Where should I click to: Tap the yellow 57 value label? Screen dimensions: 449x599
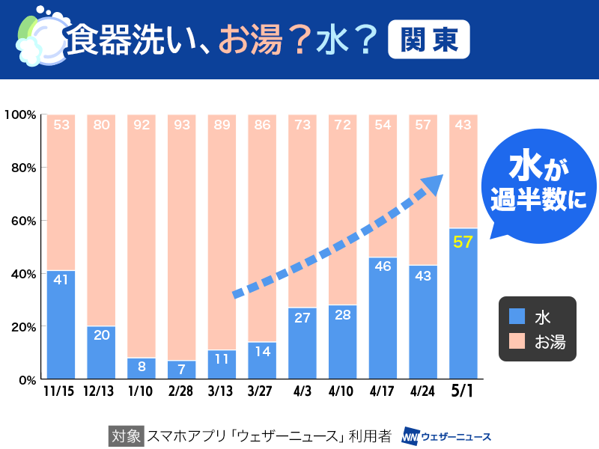pyautogui.click(x=463, y=241)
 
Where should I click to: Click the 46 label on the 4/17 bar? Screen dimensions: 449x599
pyautogui.click(x=383, y=266)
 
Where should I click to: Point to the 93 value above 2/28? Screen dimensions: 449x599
pyautogui.click(x=182, y=125)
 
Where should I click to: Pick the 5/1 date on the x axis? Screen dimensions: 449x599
pyautogui.click(x=463, y=392)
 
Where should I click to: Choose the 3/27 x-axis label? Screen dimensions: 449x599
pyautogui.click(x=262, y=392)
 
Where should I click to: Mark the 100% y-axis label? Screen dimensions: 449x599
pyautogui.click(x=19, y=114)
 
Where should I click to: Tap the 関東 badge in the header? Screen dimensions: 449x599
pyautogui.click(x=429, y=39)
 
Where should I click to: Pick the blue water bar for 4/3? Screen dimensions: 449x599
pyautogui.click(x=302, y=343)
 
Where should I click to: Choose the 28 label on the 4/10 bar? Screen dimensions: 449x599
pyautogui.click(x=343, y=314)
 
